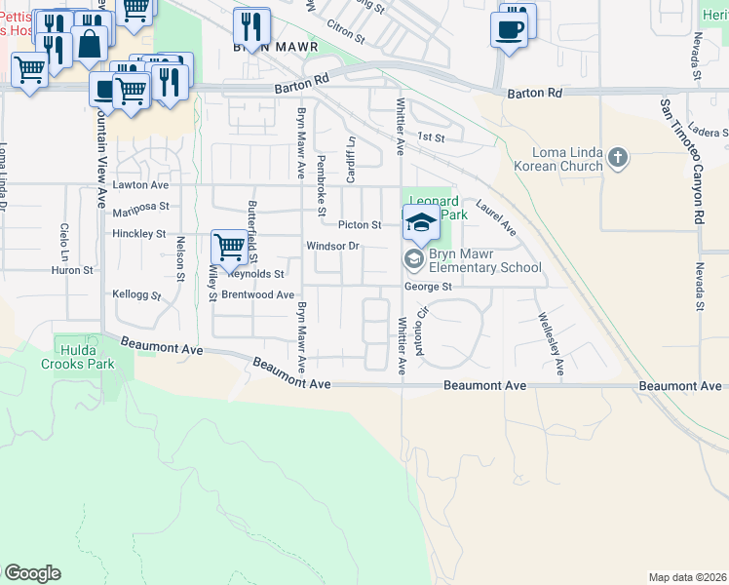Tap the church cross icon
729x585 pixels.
pos(616,157)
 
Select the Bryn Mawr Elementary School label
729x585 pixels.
pos(484,260)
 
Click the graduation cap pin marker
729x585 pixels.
pos(421,223)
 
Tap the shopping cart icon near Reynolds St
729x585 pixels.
pos(229,247)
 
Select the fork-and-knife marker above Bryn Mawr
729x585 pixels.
pos(252,26)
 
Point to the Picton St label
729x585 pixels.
pos(360,224)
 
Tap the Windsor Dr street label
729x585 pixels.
pos(333,246)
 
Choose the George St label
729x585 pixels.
pos(429,287)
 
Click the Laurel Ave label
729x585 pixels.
pos(496,217)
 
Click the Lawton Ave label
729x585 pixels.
pos(141,184)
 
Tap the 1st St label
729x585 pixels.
pos(431,138)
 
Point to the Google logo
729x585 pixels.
pos(31,573)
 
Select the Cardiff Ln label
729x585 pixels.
pos(350,157)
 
